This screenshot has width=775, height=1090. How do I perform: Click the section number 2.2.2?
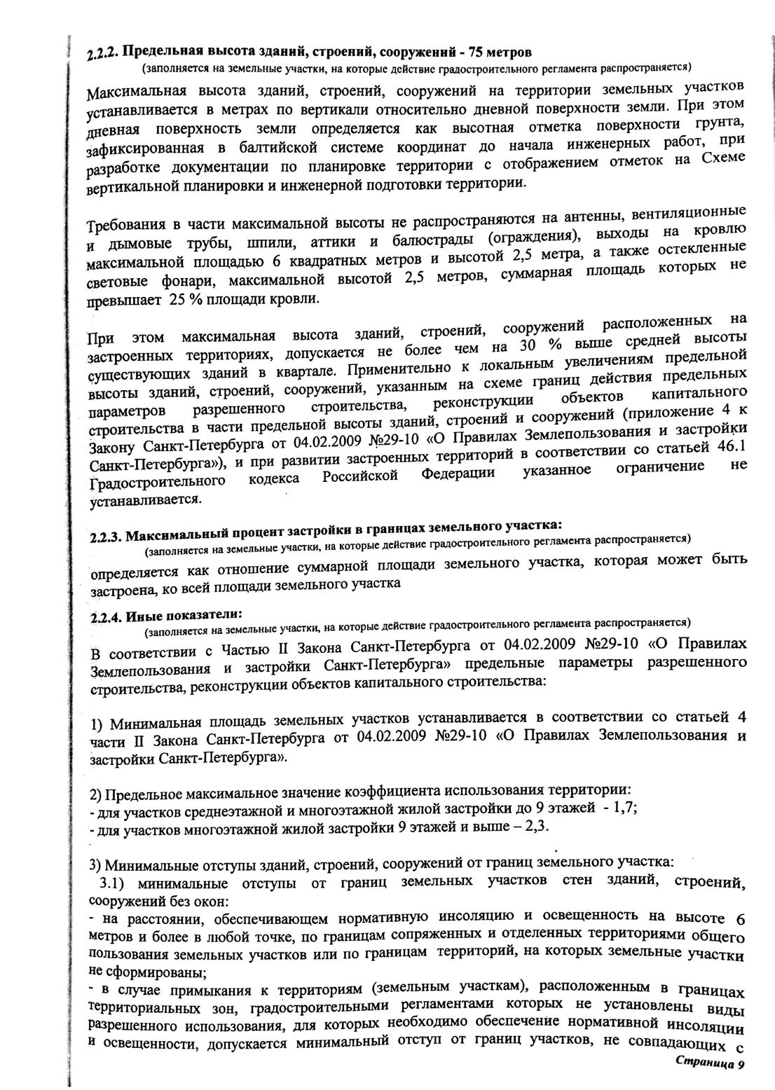click(103, 55)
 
